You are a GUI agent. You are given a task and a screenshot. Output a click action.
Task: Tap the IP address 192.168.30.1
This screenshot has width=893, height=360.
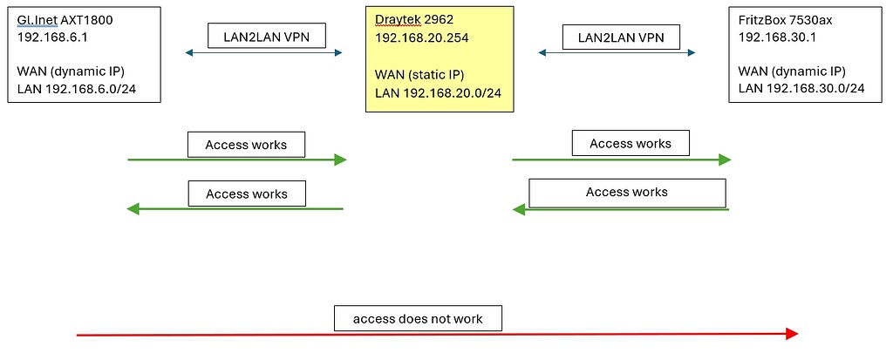(777, 38)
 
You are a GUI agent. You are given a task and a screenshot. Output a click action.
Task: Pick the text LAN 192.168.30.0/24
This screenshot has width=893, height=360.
(801, 88)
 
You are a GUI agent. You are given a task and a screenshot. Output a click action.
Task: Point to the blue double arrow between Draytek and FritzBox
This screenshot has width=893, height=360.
(617, 53)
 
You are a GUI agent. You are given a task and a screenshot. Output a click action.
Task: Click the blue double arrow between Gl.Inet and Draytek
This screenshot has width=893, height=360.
(264, 53)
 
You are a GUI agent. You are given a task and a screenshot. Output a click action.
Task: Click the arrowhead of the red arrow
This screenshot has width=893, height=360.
(792, 334)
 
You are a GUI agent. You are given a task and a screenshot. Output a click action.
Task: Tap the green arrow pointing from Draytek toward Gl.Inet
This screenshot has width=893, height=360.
(235, 208)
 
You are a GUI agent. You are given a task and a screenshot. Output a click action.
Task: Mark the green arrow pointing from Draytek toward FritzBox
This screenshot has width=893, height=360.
(621, 160)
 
